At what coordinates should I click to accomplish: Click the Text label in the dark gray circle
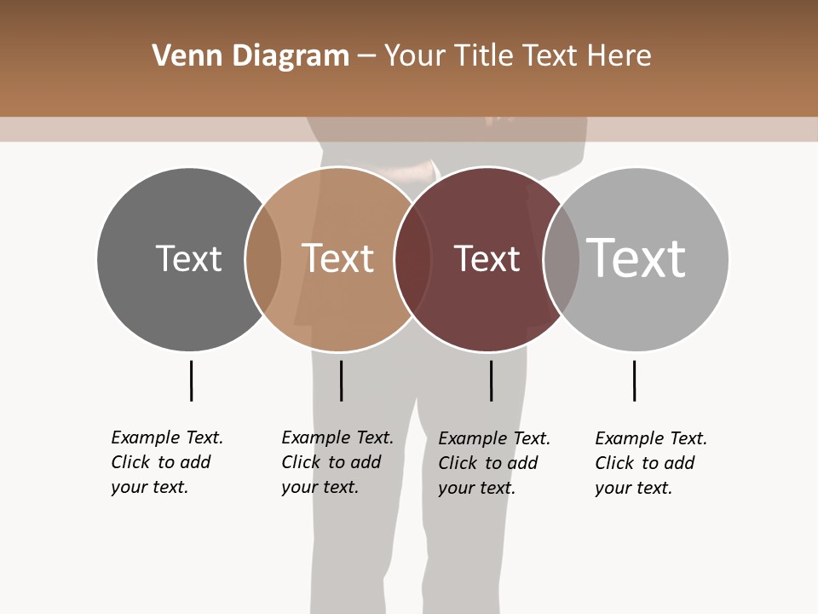tap(188, 258)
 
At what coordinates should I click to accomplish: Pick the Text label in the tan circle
tap(338, 258)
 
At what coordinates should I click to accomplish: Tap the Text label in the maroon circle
tap(487, 258)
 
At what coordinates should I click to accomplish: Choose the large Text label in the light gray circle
tap(637, 258)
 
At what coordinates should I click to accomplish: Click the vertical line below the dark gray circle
tap(191, 380)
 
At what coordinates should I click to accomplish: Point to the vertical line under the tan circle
tap(341, 380)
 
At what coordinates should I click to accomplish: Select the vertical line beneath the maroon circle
tap(491, 380)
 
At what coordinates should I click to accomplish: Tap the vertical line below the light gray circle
tap(634, 380)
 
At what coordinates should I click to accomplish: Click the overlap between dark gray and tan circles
tap(263, 259)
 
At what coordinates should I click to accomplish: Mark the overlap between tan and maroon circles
tap(412, 259)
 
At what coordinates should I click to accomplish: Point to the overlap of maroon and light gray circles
tap(562, 259)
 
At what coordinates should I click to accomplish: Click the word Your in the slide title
tap(414, 56)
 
